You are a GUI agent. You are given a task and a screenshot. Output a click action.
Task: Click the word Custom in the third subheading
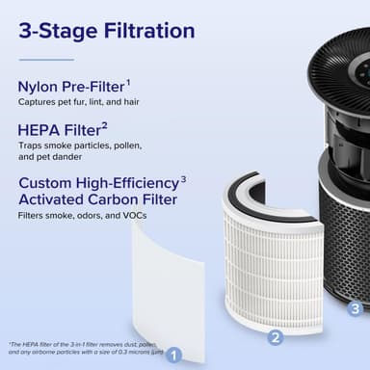coord(49,182)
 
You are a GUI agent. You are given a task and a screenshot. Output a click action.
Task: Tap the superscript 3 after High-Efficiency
coord(184,177)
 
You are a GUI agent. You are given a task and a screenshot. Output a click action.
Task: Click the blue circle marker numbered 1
coord(173,354)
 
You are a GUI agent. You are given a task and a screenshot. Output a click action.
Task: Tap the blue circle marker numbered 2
coord(275,337)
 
